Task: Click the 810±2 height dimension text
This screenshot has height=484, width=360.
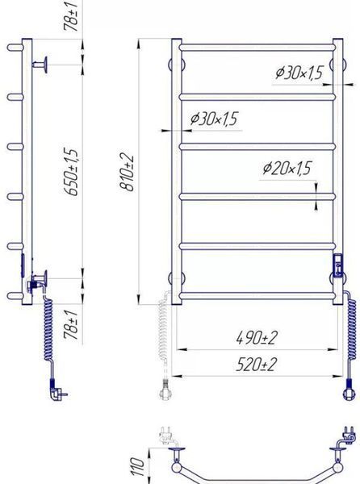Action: click(128, 173)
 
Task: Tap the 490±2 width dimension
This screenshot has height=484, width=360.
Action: click(257, 338)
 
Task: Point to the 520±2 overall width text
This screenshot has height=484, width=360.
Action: click(257, 365)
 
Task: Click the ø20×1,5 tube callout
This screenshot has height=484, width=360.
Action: click(287, 169)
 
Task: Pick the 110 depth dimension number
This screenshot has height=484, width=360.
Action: click(138, 466)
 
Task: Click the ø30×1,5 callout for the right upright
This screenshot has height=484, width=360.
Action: click(299, 73)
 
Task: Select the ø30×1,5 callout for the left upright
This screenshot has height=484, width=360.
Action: click(215, 119)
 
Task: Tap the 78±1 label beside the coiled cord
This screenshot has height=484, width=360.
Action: click(71, 325)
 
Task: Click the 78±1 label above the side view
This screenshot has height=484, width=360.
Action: click(70, 16)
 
